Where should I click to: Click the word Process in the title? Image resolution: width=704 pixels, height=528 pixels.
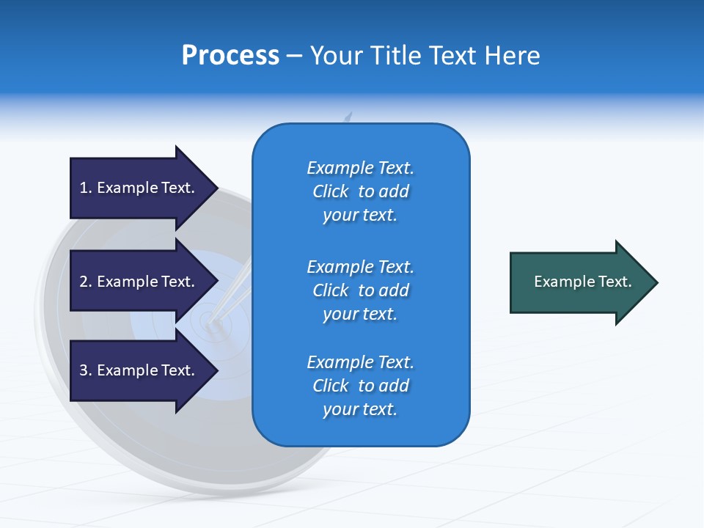(x=230, y=56)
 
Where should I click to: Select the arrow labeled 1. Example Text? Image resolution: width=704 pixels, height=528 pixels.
(x=139, y=188)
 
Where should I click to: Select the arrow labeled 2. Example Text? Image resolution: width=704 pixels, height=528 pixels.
(x=139, y=282)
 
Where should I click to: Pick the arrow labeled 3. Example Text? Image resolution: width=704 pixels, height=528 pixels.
(x=139, y=370)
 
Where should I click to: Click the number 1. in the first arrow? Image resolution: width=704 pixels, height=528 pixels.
(x=86, y=188)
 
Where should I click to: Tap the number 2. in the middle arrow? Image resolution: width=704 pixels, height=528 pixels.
(x=86, y=282)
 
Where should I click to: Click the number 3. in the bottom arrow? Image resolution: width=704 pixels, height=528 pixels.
(x=86, y=370)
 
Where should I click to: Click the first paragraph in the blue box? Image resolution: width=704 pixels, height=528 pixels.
(x=360, y=191)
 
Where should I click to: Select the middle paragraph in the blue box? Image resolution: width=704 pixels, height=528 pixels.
(x=360, y=290)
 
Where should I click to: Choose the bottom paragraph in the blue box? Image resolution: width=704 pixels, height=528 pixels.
(x=360, y=386)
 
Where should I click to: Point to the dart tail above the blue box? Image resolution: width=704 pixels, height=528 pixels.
(x=349, y=117)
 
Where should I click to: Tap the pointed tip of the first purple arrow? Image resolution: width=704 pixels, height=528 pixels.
(x=216, y=188)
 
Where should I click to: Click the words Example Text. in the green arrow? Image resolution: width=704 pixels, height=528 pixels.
(x=582, y=282)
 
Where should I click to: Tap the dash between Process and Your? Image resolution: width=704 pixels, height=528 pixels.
(x=295, y=56)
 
